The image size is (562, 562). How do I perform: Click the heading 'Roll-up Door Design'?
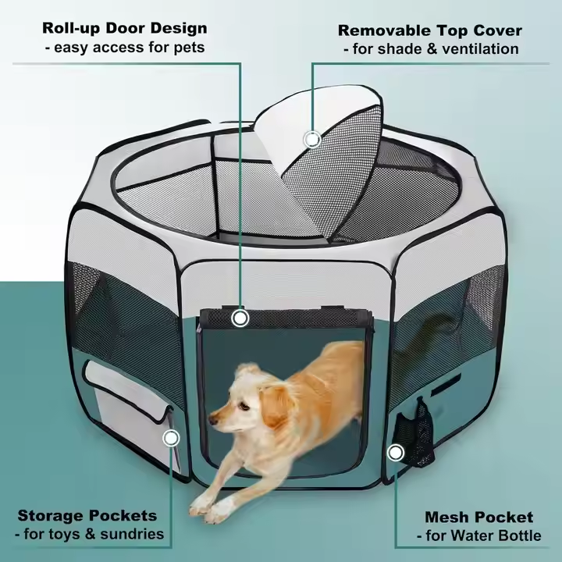125,29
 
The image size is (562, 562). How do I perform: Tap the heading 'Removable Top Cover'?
430,30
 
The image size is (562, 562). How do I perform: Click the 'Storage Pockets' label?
87,515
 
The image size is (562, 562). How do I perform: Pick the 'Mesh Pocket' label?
478,517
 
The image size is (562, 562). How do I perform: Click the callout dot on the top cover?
312,140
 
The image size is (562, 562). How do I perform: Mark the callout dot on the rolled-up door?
240,318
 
